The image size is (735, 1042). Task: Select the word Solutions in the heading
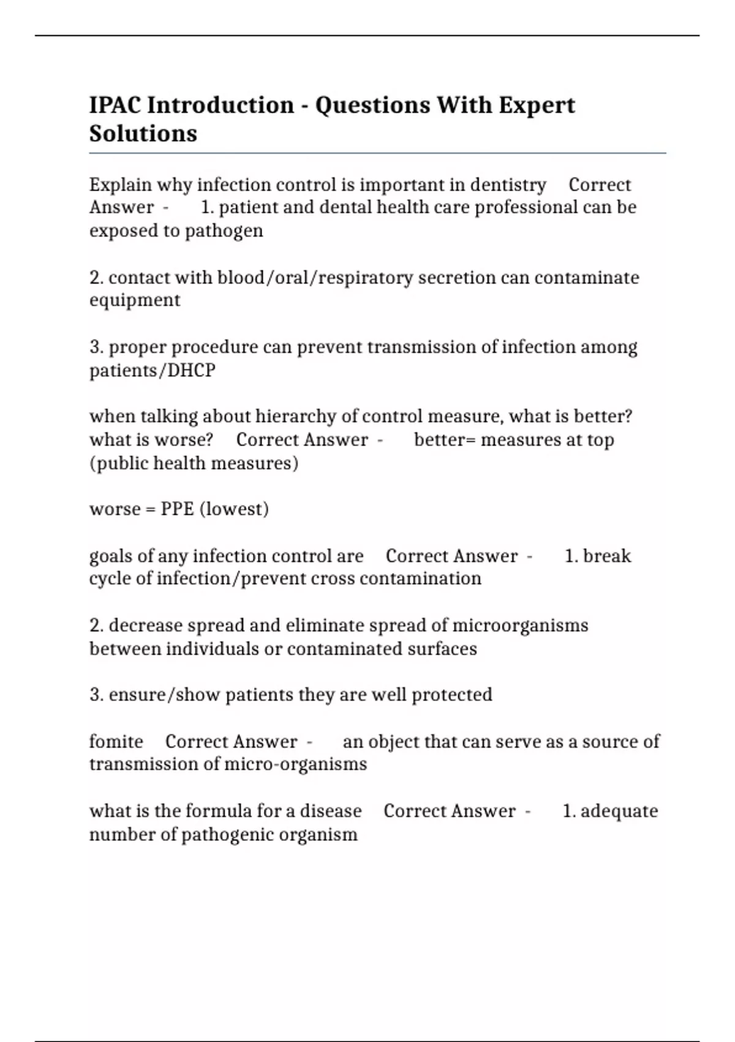(143, 134)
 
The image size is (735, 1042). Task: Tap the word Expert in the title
(537, 105)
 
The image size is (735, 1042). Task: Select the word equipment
(135, 300)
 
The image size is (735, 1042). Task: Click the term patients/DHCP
(153, 370)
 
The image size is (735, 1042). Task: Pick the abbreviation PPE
(177, 509)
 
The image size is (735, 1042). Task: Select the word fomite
(116, 742)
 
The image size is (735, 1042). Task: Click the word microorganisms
(520, 626)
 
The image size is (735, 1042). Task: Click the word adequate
(619, 811)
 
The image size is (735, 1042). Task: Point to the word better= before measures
(445, 439)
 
